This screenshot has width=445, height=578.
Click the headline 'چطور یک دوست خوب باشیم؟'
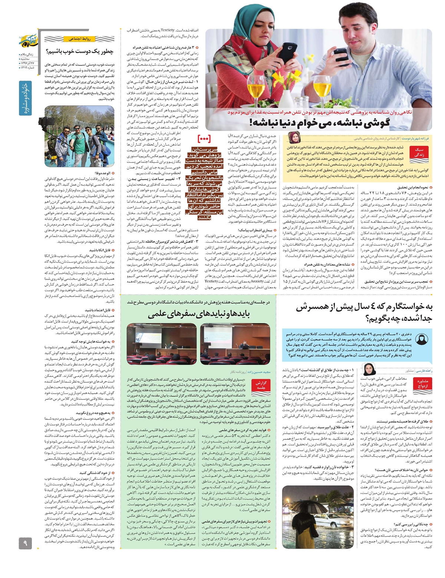click(x=80, y=52)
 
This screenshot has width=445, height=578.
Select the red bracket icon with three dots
click(x=204, y=139)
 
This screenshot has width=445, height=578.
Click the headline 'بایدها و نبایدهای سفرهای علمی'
click(x=199, y=314)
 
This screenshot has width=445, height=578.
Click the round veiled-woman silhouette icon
click(x=422, y=339)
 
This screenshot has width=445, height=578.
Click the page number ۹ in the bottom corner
click(x=26, y=544)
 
